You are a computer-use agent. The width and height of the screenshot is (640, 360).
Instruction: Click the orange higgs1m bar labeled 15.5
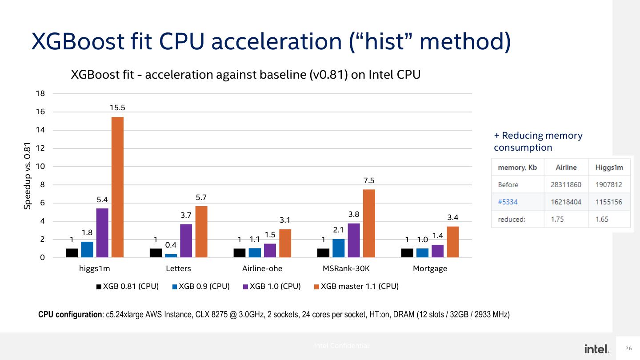(x=117, y=187)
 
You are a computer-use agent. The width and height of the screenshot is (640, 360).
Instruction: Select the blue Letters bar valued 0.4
(x=171, y=256)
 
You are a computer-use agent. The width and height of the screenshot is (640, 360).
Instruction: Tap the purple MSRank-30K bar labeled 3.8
(x=354, y=240)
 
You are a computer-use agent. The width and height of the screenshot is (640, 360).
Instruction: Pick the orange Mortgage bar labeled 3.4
(x=452, y=242)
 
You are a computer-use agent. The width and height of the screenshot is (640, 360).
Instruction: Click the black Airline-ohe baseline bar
(x=240, y=253)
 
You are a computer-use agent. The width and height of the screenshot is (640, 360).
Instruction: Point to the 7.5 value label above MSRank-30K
(x=369, y=180)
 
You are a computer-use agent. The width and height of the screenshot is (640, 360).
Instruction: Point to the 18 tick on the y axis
(x=40, y=93)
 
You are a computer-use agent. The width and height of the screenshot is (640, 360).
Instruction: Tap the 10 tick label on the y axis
(x=40, y=167)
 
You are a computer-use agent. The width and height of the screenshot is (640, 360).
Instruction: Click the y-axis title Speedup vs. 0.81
(x=28, y=176)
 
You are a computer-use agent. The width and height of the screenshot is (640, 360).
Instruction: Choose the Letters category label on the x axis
(x=178, y=268)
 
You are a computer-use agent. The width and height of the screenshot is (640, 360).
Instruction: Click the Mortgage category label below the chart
(x=430, y=268)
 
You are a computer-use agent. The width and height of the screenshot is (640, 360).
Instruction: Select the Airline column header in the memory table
(x=566, y=168)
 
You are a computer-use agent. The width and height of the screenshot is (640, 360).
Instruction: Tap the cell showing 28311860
(x=566, y=184)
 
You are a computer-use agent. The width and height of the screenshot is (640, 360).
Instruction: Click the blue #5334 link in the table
(x=508, y=202)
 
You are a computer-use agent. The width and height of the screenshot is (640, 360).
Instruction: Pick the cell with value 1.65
(x=602, y=219)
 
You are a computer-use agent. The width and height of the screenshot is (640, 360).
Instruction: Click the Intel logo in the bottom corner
(x=596, y=349)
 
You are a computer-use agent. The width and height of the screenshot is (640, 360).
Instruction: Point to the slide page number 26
(x=628, y=348)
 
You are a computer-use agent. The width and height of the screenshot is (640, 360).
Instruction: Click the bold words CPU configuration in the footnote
(x=70, y=315)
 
